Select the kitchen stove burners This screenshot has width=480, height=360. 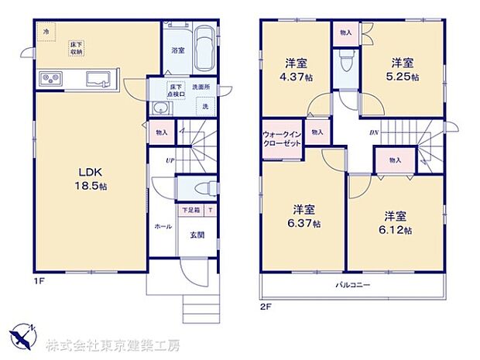coord(50,78)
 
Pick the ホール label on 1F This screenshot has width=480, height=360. coord(163,227)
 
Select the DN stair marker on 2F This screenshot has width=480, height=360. coord(373,132)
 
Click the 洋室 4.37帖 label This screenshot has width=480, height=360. coord(296,70)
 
